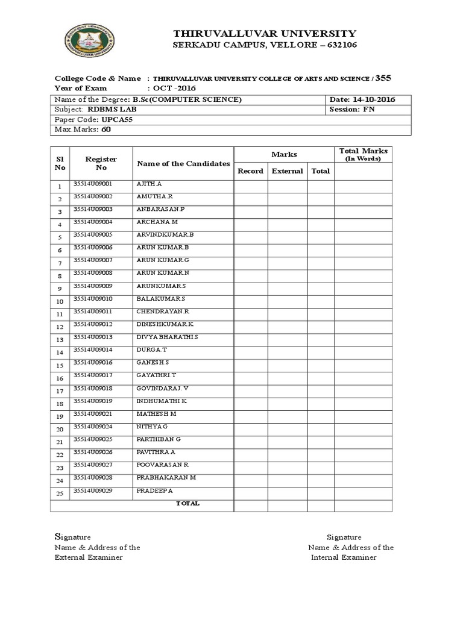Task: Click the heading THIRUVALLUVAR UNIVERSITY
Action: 265,33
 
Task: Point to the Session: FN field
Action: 352,110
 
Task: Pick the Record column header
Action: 250,171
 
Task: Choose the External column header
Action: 287,171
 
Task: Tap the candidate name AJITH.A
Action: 150,183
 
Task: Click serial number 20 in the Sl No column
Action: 60,430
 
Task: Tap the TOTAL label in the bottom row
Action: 187,504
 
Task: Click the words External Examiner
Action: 89,557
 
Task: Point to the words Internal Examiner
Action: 344,557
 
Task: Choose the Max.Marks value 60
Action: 106,130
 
